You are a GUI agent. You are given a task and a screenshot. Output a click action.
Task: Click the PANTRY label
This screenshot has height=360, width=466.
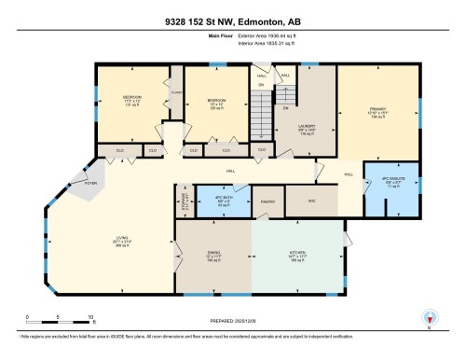(x=268, y=201)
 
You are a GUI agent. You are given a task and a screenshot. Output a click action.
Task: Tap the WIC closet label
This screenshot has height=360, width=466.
(x=312, y=200)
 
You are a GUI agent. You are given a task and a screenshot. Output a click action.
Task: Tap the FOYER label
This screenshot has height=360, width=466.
(x=91, y=184)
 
